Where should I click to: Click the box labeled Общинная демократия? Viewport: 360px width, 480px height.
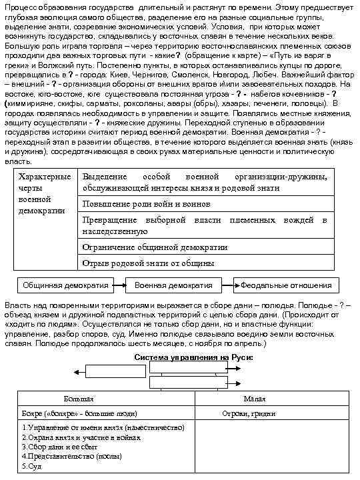tap(65, 285)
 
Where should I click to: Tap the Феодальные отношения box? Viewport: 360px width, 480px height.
tap(286, 285)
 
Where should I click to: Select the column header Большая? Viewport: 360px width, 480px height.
tap(79, 399)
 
